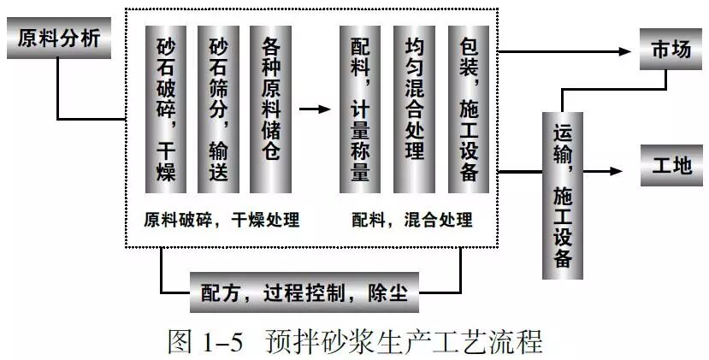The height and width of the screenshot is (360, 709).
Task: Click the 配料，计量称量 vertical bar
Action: (x=360, y=109)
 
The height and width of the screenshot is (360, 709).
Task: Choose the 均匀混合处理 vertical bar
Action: (x=414, y=109)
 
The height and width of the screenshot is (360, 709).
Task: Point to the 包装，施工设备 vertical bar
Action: (x=468, y=109)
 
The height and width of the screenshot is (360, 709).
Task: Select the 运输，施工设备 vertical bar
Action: (x=562, y=195)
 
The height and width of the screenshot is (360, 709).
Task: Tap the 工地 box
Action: (x=671, y=165)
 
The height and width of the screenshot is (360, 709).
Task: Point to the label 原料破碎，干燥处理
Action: (x=222, y=220)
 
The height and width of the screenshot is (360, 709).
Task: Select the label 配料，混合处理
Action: (x=412, y=220)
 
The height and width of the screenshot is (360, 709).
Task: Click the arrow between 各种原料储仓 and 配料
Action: (x=314, y=109)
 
